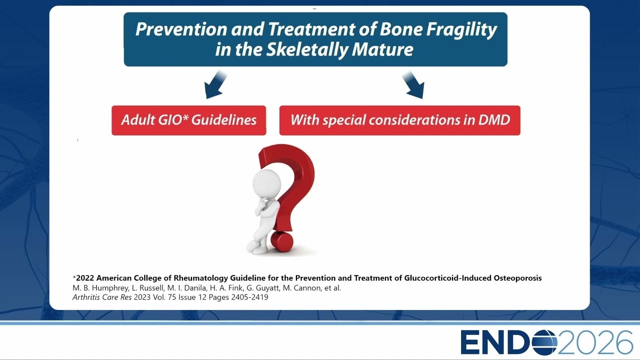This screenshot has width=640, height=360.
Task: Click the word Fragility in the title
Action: pyautogui.click(x=461, y=29)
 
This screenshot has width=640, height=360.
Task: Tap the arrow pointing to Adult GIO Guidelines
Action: pyautogui.click(x=215, y=84)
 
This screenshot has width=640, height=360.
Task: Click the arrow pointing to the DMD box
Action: pyautogui.click(x=413, y=85)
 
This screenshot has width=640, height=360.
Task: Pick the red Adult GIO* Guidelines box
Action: pyautogui.click(x=189, y=120)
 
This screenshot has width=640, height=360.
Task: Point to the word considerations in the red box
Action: pyautogui.click(x=414, y=120)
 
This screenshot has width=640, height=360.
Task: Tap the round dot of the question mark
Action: pyautogui.click(x=281, y=241)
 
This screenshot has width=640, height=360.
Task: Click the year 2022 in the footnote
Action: pyautogui.click(x=85, y=278)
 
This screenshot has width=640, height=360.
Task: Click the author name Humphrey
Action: pyautogui.click(x=110, y=288)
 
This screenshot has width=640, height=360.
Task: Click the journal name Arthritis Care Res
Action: pyautogui.click(x=102, y=297)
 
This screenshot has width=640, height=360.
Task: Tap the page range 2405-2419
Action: pyautogui.click(x=249, y=297)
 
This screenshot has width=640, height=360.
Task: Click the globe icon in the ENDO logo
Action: pyautogui.click(x=544, y=342)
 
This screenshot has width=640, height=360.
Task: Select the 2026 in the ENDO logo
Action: pyautogui.click(x=595, y=342)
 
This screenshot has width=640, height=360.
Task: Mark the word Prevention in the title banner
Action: pyautogui.click(x=181, y=29)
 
